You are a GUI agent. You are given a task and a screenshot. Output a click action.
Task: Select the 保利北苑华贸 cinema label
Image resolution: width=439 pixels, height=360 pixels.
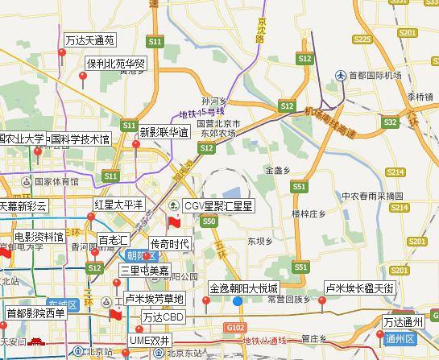[x=117, y=63]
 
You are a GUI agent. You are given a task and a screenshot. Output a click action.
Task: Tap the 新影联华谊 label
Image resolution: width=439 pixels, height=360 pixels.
[x=164, y=131]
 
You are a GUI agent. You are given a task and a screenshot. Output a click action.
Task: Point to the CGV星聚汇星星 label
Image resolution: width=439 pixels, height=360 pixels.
[x=218, y=206]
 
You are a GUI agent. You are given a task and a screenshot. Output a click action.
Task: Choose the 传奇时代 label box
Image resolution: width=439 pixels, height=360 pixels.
[x=170, y=244]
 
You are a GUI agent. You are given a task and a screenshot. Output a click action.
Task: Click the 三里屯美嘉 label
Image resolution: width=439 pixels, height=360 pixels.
[x=145, y=270]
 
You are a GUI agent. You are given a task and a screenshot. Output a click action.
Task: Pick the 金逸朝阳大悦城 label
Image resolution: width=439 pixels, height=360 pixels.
[x=244, y=288]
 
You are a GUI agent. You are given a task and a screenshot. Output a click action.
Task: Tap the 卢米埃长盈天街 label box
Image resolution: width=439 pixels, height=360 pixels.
[x=359, y=288]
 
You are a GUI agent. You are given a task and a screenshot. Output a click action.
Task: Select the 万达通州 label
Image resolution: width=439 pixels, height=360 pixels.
[x=408, y=322]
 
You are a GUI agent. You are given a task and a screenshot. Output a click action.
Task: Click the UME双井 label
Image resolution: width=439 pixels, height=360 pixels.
[x=151, y=341]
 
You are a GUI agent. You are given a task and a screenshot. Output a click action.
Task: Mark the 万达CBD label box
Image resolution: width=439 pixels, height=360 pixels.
[x=164, y=317]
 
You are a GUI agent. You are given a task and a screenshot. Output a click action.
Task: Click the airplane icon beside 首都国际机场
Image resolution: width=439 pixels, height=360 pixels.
[x=341, y=76]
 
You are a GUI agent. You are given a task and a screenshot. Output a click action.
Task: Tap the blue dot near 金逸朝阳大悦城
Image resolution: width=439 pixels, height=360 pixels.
[x=238, y=301]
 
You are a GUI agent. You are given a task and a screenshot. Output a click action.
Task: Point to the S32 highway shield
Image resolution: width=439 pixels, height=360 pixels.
[x=390, y=122]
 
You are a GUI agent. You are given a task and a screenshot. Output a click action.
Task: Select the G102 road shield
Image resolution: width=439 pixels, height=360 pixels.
[x=235, y=328]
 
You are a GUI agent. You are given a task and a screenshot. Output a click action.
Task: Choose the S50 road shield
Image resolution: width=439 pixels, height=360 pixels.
[x=209, y=221]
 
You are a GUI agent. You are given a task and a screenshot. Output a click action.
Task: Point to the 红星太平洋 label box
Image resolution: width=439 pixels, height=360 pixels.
[x=118, y=205]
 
